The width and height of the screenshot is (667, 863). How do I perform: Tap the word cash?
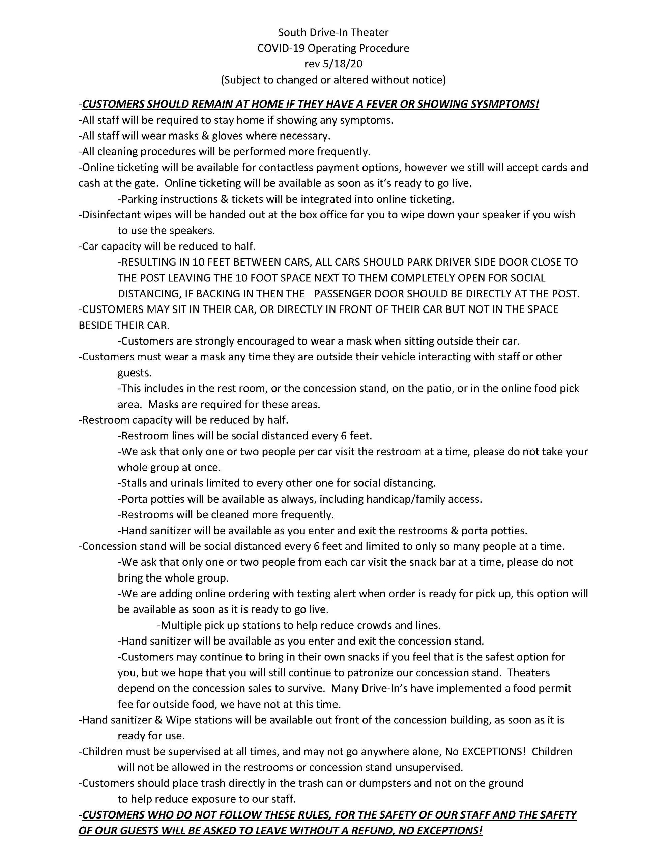[89, 183]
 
